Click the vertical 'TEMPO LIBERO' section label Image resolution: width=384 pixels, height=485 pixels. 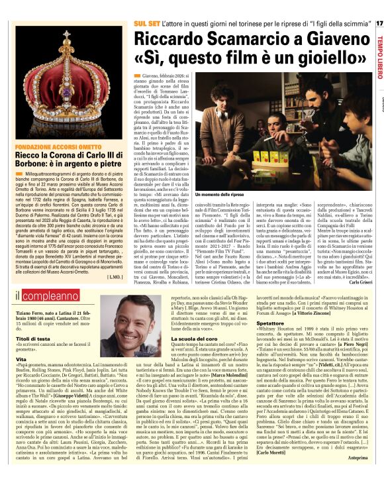click(378, 50)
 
